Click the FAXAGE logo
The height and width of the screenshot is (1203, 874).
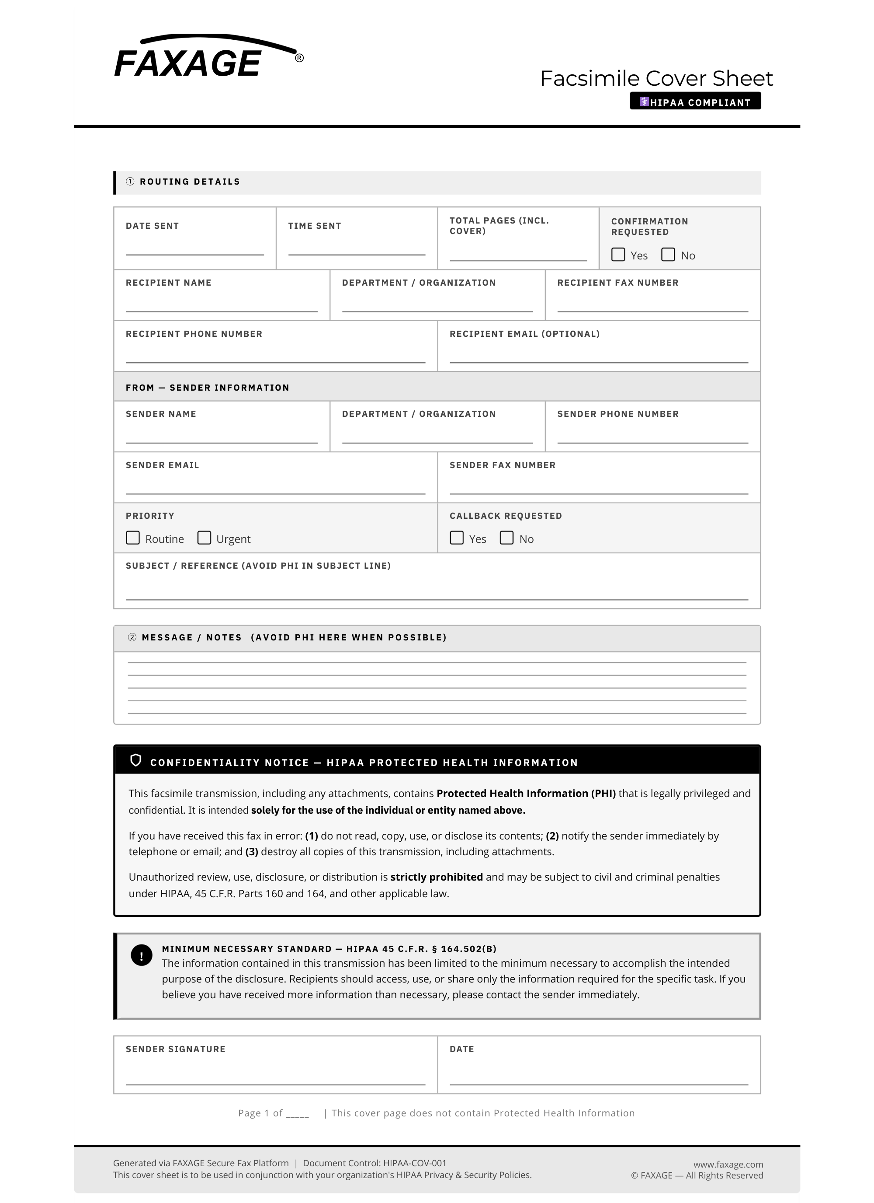(207, 58)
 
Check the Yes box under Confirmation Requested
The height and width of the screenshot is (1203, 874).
(618, 255)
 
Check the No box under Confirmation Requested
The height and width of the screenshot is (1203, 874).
(668, 255)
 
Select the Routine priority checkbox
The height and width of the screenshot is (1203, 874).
(132, 538)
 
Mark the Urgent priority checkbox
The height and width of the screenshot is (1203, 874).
(204, 538)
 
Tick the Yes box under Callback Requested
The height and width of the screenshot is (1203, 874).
(456, 538)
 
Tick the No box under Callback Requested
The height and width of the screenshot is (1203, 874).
(506, 538)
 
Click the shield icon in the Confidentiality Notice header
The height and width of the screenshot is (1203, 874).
(135, 761)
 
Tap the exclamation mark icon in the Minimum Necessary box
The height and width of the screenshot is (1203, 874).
(142, 955)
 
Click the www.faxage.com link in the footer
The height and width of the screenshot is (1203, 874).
(728, 1164)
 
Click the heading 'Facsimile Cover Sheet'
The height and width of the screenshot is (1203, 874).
(656, 78)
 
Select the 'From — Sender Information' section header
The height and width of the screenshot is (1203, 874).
(207, 388)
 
